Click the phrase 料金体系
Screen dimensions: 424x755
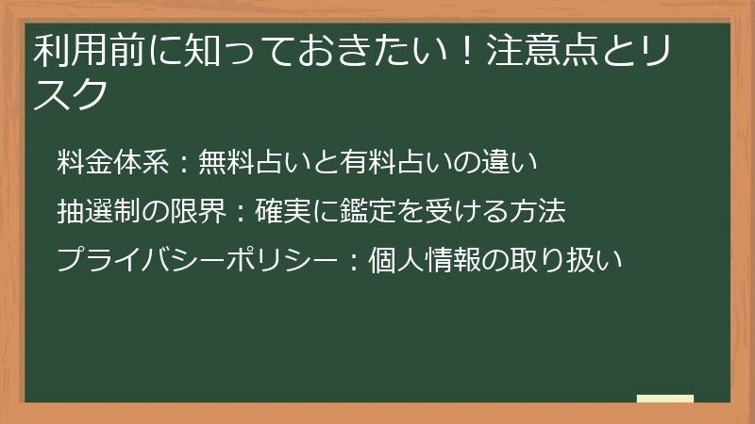click(112, 162)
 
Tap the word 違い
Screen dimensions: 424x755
click(511, 162)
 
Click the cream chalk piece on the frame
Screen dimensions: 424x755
click(664, 399)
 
